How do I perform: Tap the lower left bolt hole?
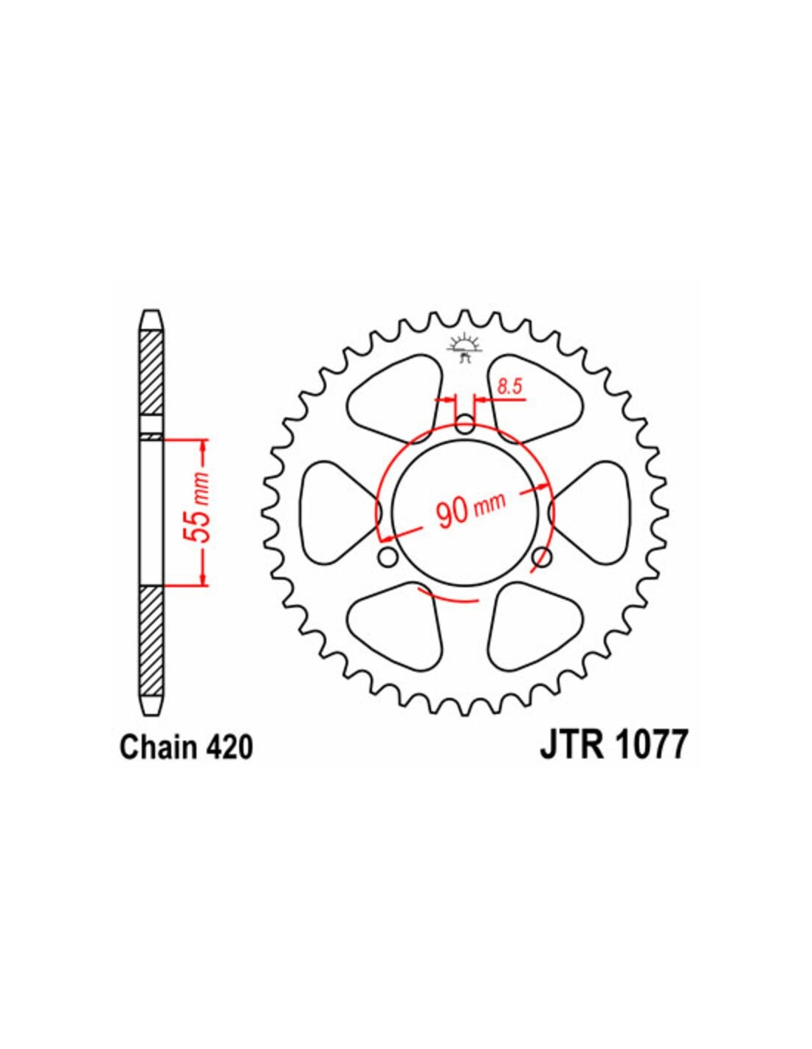(388, 557)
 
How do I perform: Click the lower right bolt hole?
(541, 557)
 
